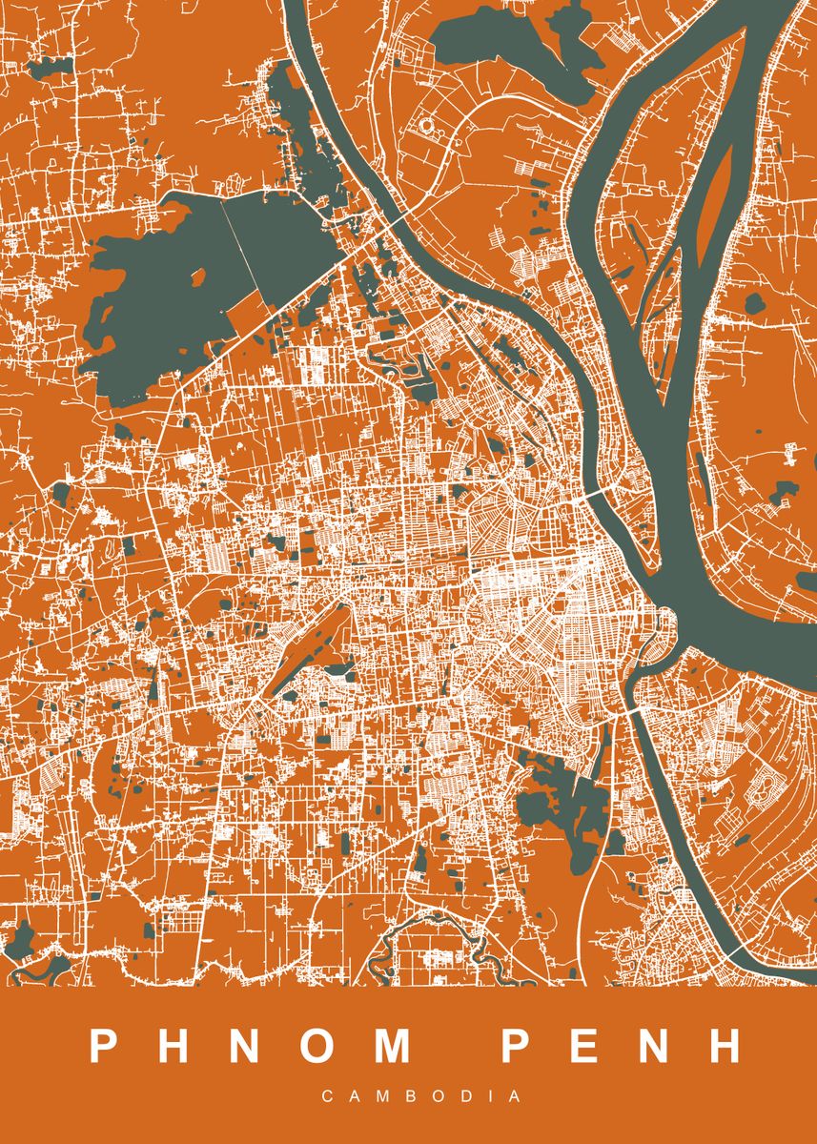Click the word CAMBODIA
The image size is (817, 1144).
coord(421,1097)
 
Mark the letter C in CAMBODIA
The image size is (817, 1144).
coord(327,1097)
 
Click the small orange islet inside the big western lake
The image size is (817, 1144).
coord(198,279)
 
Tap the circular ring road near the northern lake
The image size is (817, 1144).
coord(426,124)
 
